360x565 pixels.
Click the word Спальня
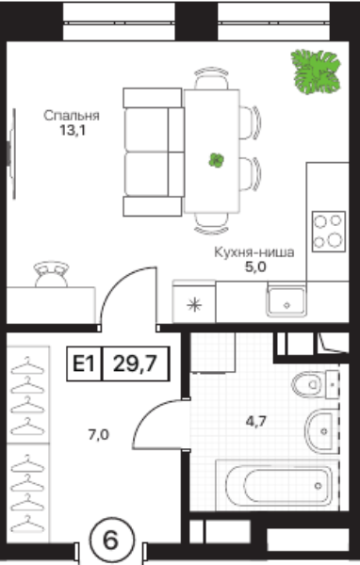coord(72,116)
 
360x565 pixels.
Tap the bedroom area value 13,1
coord(73,131)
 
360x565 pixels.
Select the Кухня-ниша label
coord(254,252)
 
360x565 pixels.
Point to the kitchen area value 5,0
coord(255,267)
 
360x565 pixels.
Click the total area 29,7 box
coord(136,363)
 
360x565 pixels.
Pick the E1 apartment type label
coord(84,363)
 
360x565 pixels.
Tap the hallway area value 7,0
coord(98,435)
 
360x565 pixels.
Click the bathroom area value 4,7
coord(255,421)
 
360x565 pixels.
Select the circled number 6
coord(111,541)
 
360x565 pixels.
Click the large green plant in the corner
coord(316,73)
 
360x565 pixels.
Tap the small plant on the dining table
coord(216,160)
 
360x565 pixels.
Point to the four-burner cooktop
coord(329,232)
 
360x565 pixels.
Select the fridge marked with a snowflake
coord(194,302)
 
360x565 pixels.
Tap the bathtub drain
coord(318,486)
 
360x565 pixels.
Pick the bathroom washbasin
coord(321,430)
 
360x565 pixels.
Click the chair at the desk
coord(51,275)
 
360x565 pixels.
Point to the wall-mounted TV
coord(12,153)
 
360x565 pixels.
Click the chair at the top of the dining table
coord(211,78)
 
